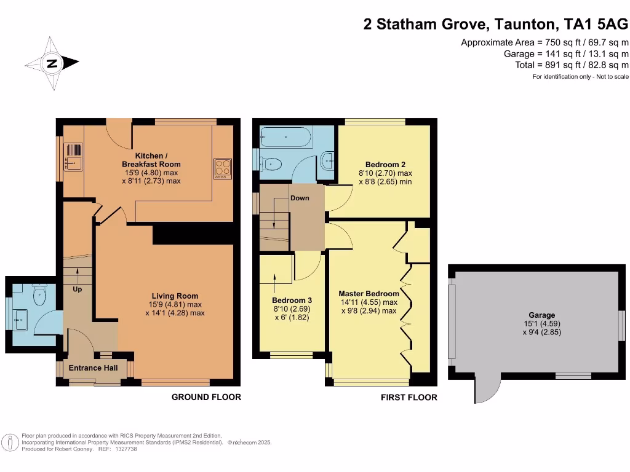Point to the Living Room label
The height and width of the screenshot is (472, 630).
click(x=175, y=296)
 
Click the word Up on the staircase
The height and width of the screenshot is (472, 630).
click(x=78, y=289)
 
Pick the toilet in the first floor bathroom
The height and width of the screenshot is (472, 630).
click(x=271, y=164)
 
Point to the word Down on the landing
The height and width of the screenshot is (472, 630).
click(x=300, y=198)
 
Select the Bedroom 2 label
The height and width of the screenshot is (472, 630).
click(x=385, y=165)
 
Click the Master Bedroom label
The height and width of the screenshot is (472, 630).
click(x=369, y=294)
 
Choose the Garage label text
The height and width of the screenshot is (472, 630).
click(x=541, y=315)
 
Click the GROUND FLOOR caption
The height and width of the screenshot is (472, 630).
click(x=206, y=397)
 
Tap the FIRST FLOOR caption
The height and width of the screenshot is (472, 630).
click(x=409, y=398)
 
